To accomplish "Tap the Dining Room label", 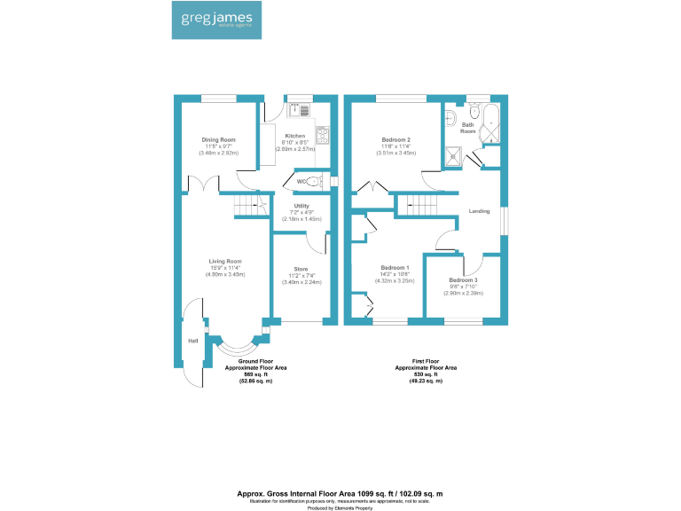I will click(217, 140).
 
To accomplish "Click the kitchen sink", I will click(299, 110).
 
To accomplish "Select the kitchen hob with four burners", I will click(323, 137).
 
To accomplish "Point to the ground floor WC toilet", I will click(312, 182).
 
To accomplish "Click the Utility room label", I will click(301, 206).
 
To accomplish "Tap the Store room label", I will click(301, 269).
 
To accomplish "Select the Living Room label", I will click(225, 261).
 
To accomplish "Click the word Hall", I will click(192, 341).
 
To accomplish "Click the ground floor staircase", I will click(249, 208).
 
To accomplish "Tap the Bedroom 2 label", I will click(395, 140).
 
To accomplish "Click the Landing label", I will click(479, 211).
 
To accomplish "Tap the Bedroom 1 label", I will click(395, 267).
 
